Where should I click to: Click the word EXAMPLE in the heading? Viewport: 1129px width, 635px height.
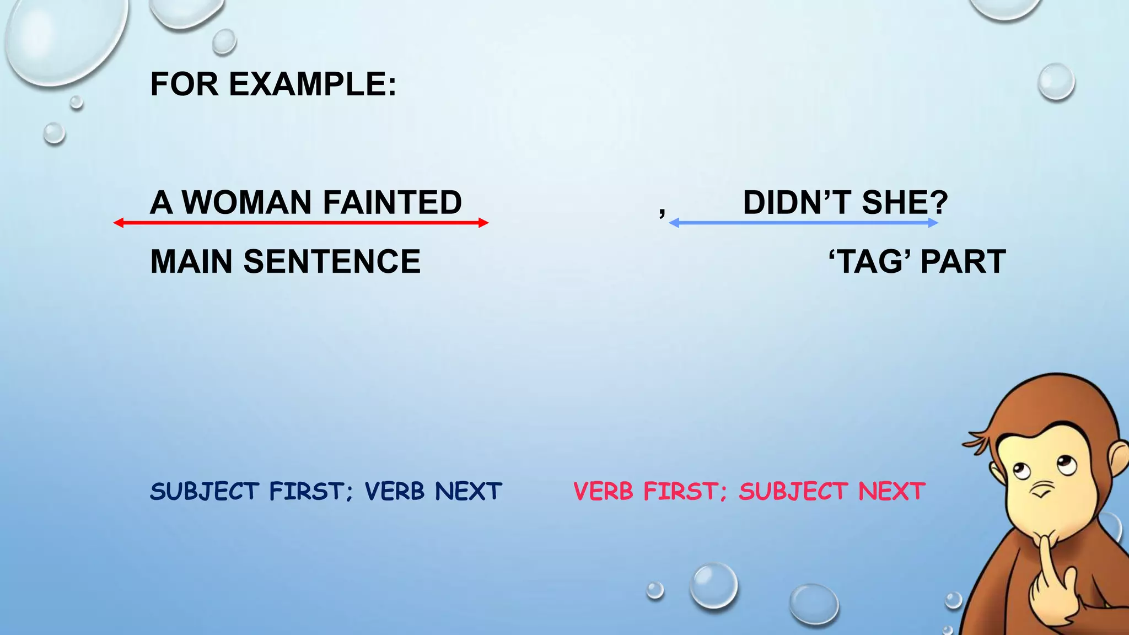coord(312,84)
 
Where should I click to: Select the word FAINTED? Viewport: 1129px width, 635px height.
coord(392,202)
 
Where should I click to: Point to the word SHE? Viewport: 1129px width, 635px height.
coord(905,202)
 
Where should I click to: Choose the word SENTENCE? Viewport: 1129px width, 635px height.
coord(332,261)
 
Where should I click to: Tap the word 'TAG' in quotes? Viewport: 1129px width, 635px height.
coord(870,261)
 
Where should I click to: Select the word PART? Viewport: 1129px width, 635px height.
coord(963,261)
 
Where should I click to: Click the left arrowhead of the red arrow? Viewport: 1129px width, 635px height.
coord(117,223)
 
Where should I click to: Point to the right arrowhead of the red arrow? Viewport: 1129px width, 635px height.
coord(484,223)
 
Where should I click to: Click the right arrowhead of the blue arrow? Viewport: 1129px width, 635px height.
coord(933,223)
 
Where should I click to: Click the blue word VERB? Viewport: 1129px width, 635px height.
coord(394,491)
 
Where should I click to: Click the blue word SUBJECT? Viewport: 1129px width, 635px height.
coord(205,491)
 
